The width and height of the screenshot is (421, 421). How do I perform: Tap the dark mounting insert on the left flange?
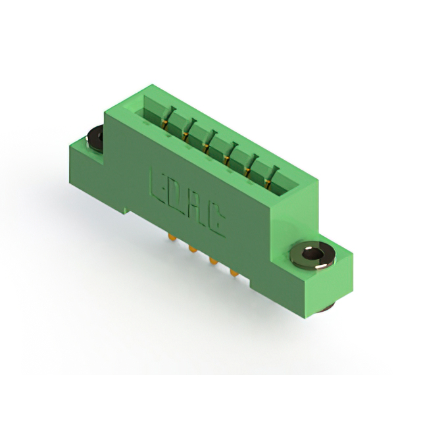click(95, 139)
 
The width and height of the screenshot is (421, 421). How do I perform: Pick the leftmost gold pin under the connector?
click(171, 237)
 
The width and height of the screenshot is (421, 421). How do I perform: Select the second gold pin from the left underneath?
click(192, 249)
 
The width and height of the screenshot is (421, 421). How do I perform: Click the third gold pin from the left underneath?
click(213, 260)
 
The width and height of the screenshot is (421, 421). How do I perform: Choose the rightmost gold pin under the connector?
click(234, 273)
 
